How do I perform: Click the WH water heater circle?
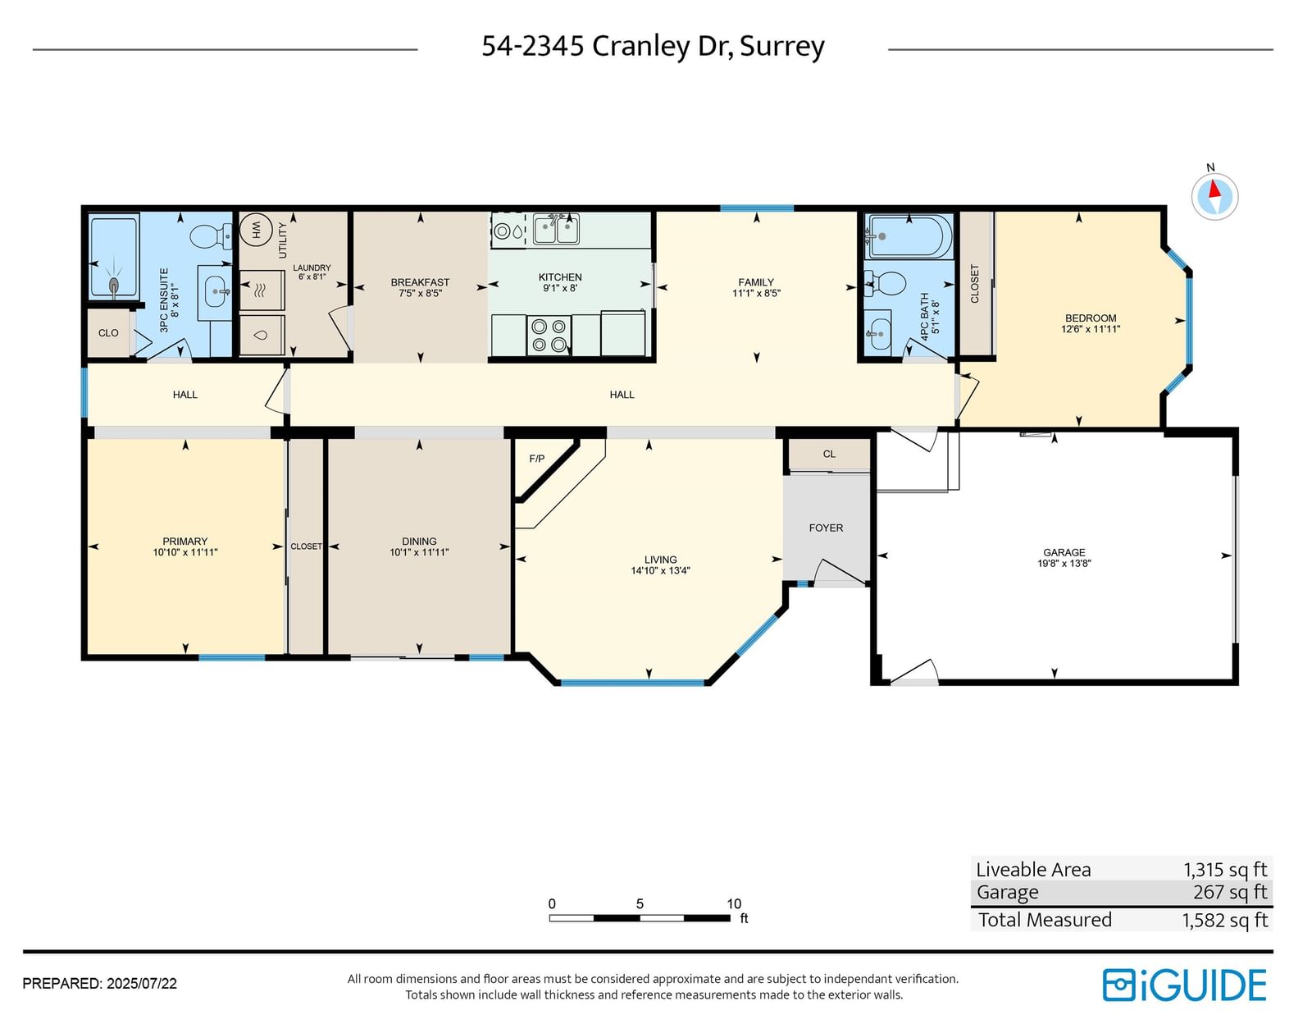pyautogui.click(x=256, y=230)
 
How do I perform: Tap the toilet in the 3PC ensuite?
pyautogui.click(x=210, y=236)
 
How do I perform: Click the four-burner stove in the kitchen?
pyautogui.click(x=549, y=336)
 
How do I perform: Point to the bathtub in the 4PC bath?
pyautogui.click(x=909, y=235)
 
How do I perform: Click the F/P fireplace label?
pyautogui.click(x=537, y=459)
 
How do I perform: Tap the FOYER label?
pyautogui.click(x=826, y=528)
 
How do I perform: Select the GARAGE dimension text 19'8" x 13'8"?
pyautogui.click(x=1064, y=564)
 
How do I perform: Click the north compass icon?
pyautogui.click(x=1214, y=196)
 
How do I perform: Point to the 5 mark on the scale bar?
pyautogui.click(x=640, y=904)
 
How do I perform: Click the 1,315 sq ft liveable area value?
pyautogui.click(x=1224, y=870)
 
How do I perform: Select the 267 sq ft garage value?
pyautogui.click(x=1230, y=892)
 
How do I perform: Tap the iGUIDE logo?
pyautogui.click(x=1184, y=985)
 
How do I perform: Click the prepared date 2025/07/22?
pyautogui.click(x=142, y=984)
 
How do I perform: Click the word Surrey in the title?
pyautogui.click(x=782, y=47)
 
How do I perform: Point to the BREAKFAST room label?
pyautogui.click(x=420, y=282)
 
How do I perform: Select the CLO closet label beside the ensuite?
pyautogui.click(x=109, y=333)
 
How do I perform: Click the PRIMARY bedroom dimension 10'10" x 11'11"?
pyautogui.click(x=185, y=552)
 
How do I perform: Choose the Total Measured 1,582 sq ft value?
pyautogui.click(x=1224, y=920)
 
